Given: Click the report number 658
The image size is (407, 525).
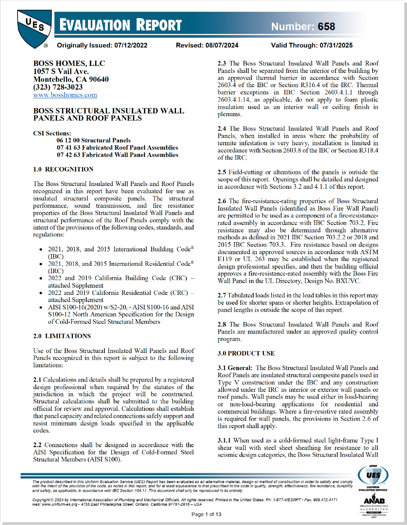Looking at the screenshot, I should click(326, 27).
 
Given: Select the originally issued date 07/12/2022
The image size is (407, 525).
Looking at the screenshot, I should click(131, 45).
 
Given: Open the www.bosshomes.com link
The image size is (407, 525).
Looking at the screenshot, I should click(65, 95).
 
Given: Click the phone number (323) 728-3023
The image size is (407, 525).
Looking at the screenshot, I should click(58, 87).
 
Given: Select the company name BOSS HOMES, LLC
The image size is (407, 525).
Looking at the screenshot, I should click(69, 63).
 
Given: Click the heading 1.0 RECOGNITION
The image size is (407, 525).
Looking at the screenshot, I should click(63, 169).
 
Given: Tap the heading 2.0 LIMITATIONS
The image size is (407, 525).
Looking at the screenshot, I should click(62, 336).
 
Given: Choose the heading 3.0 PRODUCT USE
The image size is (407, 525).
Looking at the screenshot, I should click(246, 353).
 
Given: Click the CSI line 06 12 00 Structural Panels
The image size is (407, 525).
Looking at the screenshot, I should click(93, 140).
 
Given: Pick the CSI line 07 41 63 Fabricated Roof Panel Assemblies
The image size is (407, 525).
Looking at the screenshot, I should click(117, 147).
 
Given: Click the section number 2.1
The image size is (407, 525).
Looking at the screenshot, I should click(37, 380).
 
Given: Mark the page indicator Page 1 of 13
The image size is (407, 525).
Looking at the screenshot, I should click(206, 514).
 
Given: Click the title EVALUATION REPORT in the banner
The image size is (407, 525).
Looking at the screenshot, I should click(121, 25).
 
